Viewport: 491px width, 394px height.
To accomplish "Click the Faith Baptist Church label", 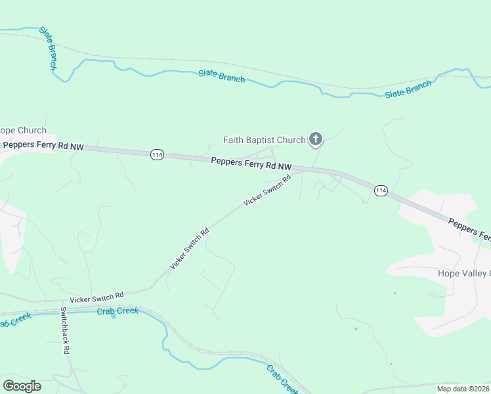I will point(265,140).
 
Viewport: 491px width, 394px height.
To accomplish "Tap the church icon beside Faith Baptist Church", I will point(316,139).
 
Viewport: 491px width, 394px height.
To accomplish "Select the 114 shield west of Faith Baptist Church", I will point(156,154).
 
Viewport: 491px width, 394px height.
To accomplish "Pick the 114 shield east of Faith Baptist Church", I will point(381,190).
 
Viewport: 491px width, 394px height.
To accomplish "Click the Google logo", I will point(22,386).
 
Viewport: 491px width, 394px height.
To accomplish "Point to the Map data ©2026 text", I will point(463,389).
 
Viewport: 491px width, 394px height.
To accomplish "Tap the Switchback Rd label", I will point(65,330).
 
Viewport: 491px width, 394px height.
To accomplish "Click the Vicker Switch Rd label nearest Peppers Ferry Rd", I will point(267,191).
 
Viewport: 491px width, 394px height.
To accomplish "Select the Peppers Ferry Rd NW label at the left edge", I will point(44,146).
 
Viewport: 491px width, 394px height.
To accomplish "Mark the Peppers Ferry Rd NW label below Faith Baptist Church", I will point(251,164).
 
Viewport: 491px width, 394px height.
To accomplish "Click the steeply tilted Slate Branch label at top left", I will point(49,48).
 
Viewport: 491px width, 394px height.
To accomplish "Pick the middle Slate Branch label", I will point(222,76).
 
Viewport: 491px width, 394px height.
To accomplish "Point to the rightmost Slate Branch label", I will point(408,89).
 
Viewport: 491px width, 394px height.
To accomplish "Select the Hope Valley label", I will point(463,273).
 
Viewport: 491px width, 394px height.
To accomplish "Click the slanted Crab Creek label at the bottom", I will point(282,379).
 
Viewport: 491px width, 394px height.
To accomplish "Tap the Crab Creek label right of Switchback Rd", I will point(117,311).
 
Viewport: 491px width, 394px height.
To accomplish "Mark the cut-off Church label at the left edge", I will point(23,130).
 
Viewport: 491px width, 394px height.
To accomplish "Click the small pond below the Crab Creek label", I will point(114,316).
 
